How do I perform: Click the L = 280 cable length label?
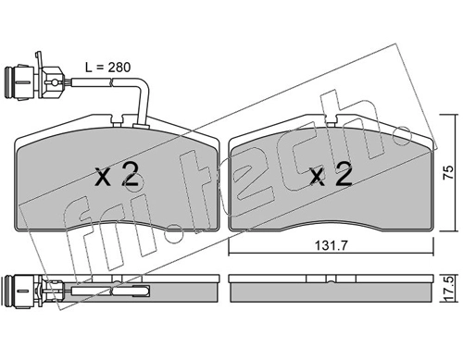(107, 68)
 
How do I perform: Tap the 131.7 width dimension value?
(331, 246)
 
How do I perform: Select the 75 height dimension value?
(448, 173)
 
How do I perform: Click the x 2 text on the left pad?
(117, 175)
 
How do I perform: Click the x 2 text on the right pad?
(332, 175)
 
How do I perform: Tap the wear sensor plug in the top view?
(34, 80)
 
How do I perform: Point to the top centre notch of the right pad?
(331, 119)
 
